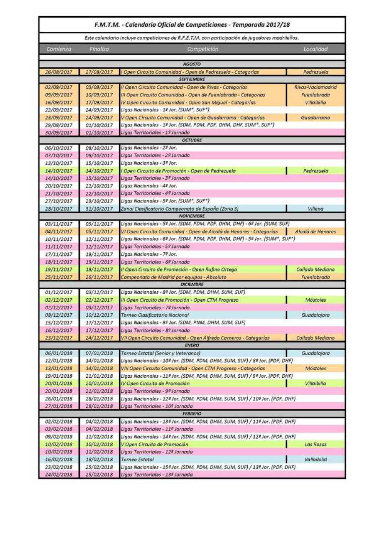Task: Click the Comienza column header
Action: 59,49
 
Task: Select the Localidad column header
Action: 315,49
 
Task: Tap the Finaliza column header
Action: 99,49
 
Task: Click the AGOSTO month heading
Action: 192,64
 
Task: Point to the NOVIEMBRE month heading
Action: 192,216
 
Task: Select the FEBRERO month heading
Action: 192,414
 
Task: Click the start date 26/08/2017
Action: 59,72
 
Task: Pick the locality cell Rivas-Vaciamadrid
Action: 316,87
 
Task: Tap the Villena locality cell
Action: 316,209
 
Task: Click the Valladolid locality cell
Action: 316,460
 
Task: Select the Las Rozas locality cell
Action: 316,445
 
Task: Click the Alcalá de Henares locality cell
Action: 316,231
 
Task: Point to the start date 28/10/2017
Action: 59,209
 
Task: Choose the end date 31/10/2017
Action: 99,209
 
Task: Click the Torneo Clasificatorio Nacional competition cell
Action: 155,315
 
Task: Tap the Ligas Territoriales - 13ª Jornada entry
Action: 157,475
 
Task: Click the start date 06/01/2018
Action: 59,353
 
